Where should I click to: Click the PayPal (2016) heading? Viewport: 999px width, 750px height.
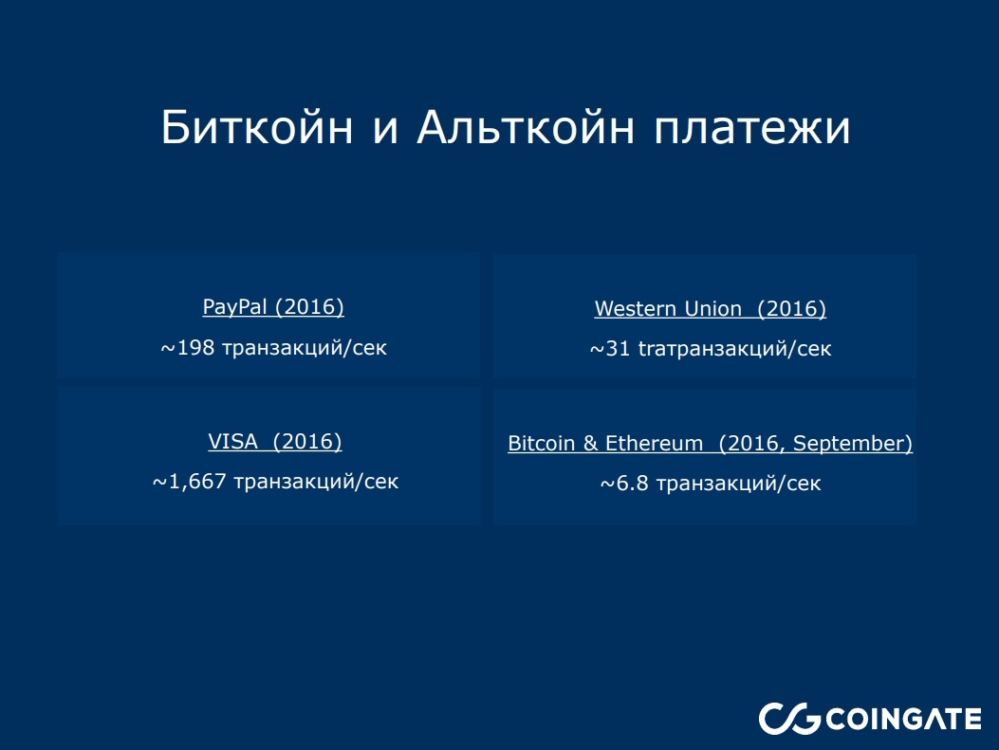pos(273,307)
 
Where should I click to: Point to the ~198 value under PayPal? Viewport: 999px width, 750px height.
pos(188,348)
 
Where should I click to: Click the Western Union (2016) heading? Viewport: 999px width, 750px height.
pos(710,309)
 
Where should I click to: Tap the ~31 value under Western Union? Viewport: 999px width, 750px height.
pos(610,350)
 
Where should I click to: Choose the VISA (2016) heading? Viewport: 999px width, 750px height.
pos(275,442)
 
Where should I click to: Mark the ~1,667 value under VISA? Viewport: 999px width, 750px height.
pos(190,482)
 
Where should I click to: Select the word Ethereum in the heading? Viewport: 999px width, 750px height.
pos(655,444)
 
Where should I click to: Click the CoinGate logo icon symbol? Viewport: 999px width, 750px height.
pos(788,719)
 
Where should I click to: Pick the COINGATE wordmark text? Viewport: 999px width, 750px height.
pos(904,719)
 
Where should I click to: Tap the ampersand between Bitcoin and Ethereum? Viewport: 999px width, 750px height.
pos(592,444)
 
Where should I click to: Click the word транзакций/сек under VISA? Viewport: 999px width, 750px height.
pos(316,482)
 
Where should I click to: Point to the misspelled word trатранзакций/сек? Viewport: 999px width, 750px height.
pos(734,350)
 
